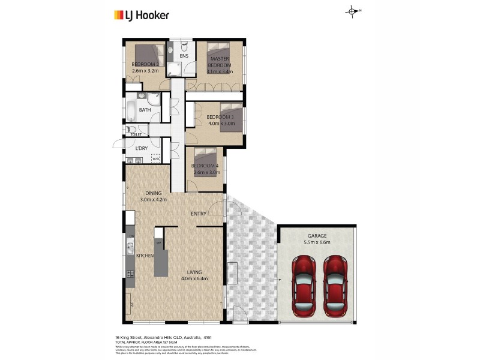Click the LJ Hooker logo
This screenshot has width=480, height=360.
click(142, 16)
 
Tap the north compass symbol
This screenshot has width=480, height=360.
click(352, 11)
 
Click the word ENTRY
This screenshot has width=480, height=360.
click(199, 214)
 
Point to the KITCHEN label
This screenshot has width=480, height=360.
click(145, 256)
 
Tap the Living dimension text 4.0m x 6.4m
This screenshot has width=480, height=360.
click(194, 278)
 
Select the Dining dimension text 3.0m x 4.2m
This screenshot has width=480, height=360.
click(152, 199)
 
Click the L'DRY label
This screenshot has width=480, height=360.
click(142, 148)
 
